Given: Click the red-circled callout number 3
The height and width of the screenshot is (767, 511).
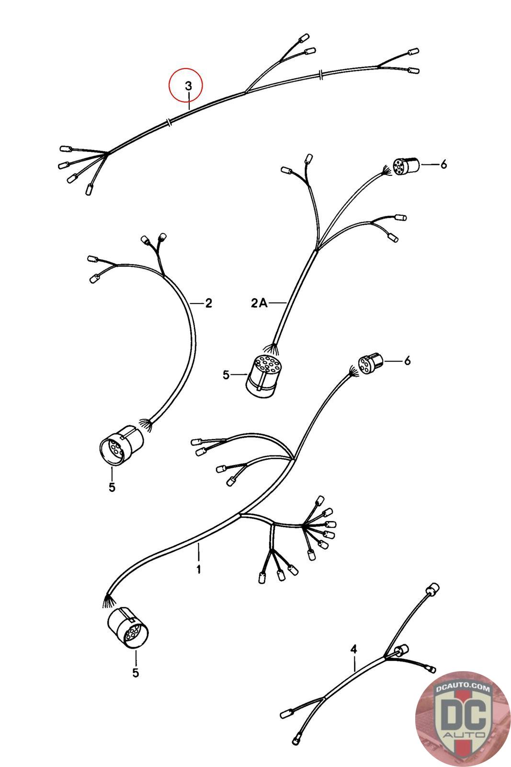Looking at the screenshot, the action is pos(189,86).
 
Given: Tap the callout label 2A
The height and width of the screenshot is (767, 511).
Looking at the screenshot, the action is pos(259,303).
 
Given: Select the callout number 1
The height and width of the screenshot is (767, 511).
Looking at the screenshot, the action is pos(198,569).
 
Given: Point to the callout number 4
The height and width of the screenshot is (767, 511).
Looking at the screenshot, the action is pos(353,649).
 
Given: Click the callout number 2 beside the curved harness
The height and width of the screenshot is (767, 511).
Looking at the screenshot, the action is pos(208,303).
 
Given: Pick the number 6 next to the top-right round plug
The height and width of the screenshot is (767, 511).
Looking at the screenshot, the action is pos(443,164).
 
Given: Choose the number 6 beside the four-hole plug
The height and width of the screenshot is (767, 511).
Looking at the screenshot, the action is pos(407,360).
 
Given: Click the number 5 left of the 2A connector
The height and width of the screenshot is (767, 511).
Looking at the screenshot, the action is pos(226,374).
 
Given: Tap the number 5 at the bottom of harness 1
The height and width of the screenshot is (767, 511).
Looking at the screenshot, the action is pos(136,673).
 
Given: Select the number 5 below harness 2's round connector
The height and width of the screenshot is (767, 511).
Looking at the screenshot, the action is pos(112,487).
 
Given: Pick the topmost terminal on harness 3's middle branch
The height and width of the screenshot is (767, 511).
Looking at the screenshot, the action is pos(304,37).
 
